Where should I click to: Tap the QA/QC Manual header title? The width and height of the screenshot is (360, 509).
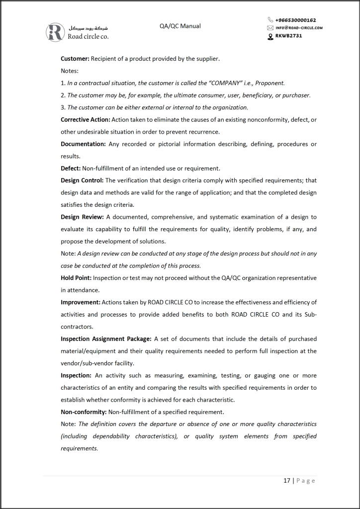[180, 26]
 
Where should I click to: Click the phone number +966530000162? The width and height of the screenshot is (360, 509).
[295, 20]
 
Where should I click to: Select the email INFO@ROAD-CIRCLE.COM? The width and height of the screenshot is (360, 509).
[299, 28]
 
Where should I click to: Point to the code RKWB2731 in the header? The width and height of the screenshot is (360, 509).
[288, 35]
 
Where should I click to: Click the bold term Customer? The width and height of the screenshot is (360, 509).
[75, 59]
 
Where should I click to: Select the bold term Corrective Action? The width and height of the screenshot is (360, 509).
[86, 119]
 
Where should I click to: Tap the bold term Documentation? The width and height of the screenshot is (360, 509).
[83, 144]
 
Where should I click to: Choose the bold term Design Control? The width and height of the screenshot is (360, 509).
[82, 180]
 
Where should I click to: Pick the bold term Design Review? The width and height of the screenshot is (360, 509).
[82, 217]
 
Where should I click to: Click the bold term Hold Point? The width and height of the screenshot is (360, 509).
[76, 278]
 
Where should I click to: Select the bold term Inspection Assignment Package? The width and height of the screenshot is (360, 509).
[106, 339]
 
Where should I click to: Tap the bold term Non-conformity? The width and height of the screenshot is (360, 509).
[84, 412]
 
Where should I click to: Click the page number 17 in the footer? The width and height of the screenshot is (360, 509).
[287, 481]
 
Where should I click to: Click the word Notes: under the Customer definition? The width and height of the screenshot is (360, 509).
[70, 71]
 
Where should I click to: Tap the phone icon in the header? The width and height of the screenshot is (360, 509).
[270, 20]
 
